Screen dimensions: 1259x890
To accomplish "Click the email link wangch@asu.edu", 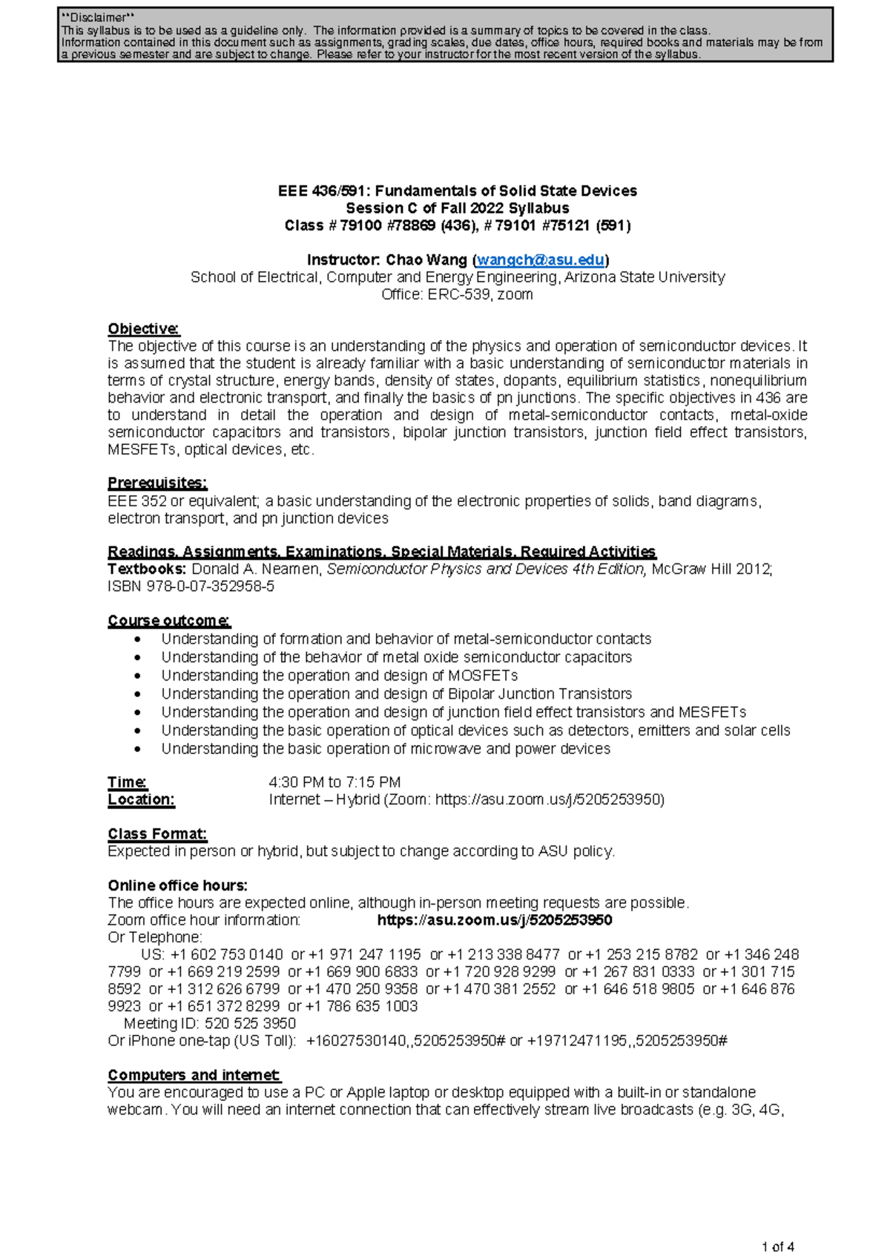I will click(540, 260).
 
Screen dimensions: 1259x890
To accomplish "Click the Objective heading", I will click(143, 328).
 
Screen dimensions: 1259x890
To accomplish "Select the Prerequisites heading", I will click(157, 483).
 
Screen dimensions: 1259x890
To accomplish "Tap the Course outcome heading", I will click(168, 621).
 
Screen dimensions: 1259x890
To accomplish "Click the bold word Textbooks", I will click(146, 569).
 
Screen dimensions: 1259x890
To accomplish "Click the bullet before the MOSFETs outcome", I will click(137, 675).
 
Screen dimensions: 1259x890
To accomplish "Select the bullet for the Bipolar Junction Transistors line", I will click(137, 694).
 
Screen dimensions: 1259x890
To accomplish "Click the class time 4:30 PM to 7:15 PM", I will click(334, 782).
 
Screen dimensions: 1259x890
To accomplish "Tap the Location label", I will click(141, 799).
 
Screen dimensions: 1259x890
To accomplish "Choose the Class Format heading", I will click(157, 834).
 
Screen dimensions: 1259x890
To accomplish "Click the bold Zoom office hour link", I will click(495, 920).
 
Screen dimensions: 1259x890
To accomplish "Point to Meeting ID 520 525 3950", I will click(210, 1023).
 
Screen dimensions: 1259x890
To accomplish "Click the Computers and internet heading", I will click(194, 1075).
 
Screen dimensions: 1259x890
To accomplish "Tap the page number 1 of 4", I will click(777, 1246).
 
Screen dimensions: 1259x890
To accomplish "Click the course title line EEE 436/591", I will click(458, 191).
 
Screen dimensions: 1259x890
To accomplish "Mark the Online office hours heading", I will click(177, 885).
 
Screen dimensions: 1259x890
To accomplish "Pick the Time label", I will click(127, 782).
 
